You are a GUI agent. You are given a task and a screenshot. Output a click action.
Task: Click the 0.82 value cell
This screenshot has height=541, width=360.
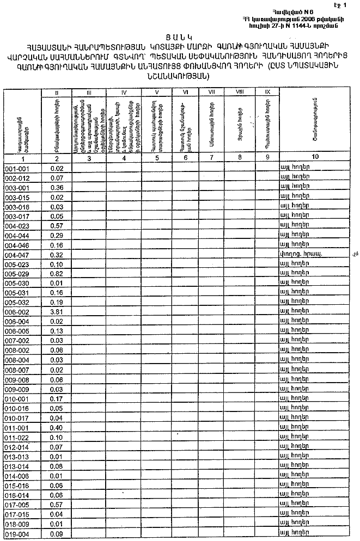(57, 273)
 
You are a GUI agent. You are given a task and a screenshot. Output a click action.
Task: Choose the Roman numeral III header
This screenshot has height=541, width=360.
(89, 93)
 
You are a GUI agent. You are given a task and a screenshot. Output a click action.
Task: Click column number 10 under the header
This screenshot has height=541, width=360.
(315, 157)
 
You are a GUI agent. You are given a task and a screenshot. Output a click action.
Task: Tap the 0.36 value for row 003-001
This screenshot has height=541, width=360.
(57, 188)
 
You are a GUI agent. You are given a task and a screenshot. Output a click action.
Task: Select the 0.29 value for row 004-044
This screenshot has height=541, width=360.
(57, 235)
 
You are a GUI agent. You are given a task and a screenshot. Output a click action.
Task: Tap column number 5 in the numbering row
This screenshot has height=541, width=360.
(157, 157)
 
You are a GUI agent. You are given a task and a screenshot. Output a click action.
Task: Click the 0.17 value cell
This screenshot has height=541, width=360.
(57, 399)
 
